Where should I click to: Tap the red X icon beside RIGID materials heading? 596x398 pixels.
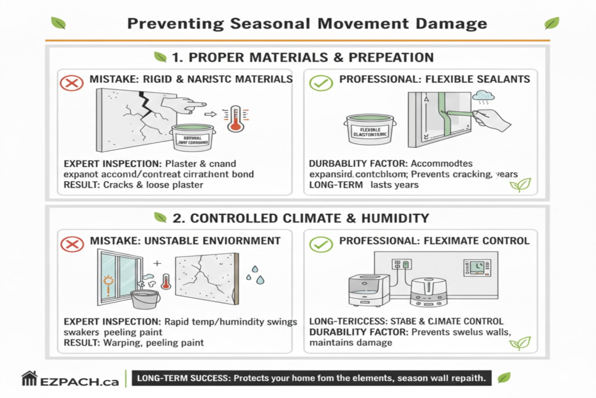click(72, 83)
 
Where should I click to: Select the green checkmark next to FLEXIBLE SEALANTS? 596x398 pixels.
click(321, 82)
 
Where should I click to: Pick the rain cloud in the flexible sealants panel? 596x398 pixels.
click(483, 96)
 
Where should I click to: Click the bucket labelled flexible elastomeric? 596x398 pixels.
click(366, 129)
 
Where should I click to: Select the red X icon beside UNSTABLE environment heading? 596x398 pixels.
click(72, 243)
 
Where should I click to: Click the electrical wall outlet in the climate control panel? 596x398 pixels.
click(404, 265)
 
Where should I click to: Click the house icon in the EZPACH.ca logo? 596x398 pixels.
click(30, 378)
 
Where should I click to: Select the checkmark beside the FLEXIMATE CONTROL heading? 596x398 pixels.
click(321, 243)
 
